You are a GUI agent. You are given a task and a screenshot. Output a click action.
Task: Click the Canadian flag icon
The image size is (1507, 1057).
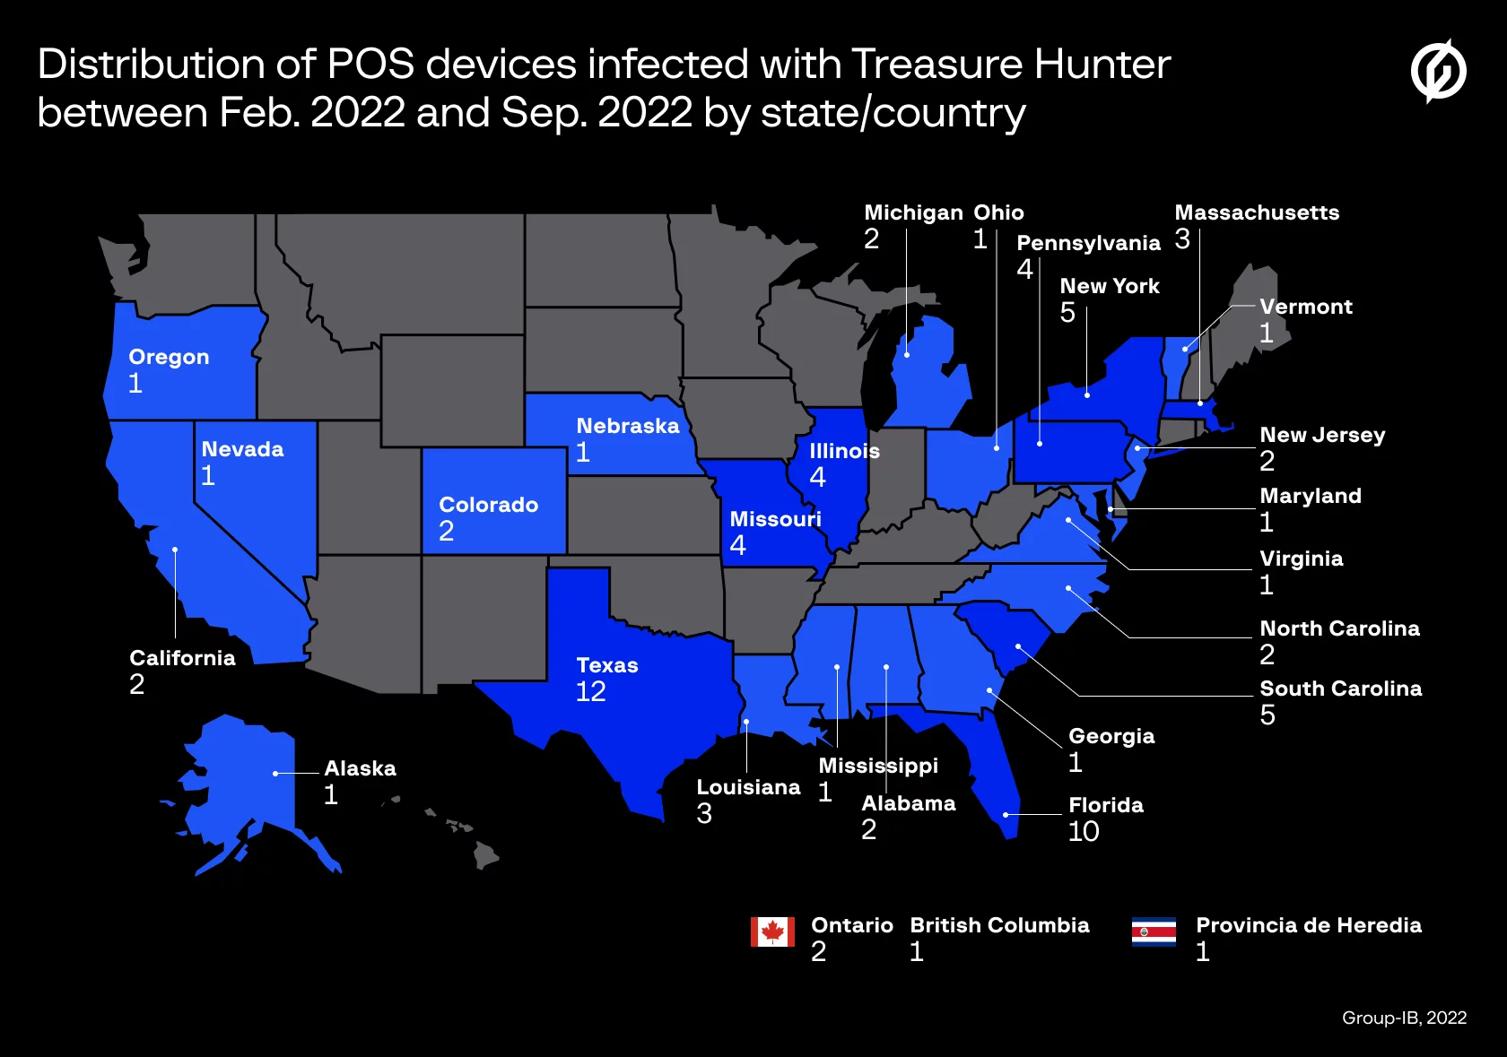pos(772,932)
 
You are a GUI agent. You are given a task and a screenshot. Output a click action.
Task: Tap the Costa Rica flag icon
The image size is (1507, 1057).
pos(1154,932)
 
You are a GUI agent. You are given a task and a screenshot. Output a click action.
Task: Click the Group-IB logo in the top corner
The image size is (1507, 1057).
pos(1438,71)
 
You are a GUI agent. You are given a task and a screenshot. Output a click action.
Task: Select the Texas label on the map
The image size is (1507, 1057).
pos(607,665)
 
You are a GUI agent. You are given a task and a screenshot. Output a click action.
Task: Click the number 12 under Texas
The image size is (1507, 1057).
pos(591,691)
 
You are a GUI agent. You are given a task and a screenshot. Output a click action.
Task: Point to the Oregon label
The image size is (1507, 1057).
pos(169,357)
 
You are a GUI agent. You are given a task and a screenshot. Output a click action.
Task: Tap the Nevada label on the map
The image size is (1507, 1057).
pos(242,449)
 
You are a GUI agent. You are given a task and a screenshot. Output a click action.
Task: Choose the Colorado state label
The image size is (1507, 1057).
pos(489,505)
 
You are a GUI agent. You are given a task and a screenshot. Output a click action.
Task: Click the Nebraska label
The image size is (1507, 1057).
pos(628,426)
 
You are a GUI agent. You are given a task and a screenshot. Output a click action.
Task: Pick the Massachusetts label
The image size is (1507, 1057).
pos(1257,212)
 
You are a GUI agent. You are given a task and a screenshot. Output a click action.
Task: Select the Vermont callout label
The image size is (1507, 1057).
pos(1306,307)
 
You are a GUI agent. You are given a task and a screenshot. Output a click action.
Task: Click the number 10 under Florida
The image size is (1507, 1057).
pos(1084,832)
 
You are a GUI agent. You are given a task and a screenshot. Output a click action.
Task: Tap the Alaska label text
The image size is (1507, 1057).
pos(360,768)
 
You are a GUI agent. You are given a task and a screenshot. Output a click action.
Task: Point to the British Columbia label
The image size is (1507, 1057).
pos(999,925)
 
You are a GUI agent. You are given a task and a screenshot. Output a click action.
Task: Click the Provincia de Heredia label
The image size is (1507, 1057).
pos(1309,925)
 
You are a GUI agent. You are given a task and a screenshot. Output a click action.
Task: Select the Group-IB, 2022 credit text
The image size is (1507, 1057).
pos(1404,1018)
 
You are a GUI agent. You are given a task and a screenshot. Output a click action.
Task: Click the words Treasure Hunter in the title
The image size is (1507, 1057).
pos(1011,65)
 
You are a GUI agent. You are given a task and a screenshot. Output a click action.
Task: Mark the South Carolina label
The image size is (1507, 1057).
pos(1341,689)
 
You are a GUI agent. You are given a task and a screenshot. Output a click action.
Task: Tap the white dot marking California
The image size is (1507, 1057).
pos(175,550)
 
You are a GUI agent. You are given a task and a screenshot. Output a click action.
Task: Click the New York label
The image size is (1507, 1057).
pos(1110,286)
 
